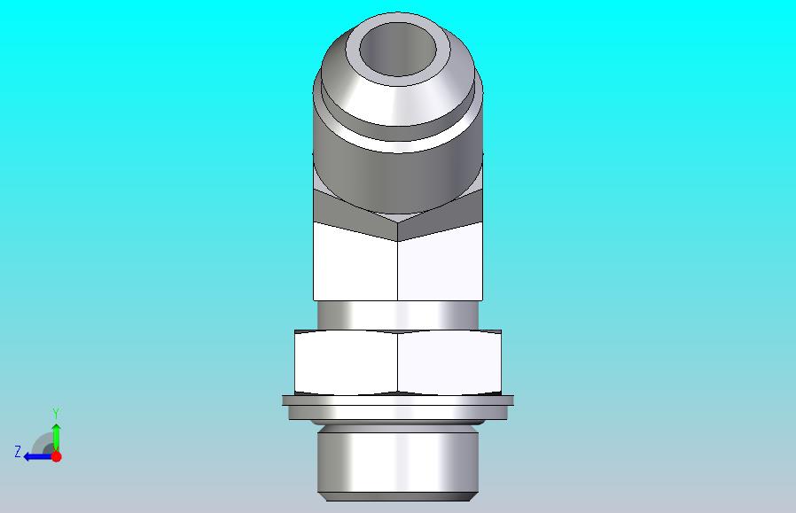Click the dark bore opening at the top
coord(398,50)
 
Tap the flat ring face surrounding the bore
coord(398,82)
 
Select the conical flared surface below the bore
coord(398,104)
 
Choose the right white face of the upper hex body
coord(441,263)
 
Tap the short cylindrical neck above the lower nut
coord(398,315)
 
